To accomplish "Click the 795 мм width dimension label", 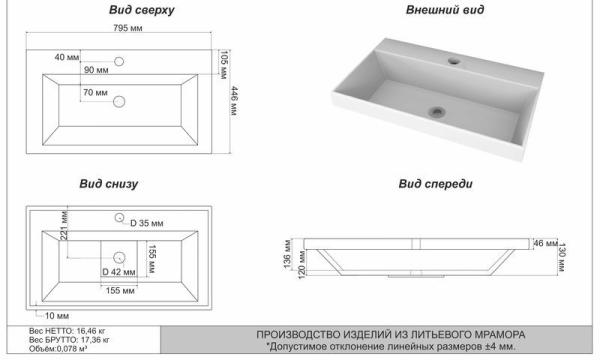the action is pos(128,28).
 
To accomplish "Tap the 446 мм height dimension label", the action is pos(234,101).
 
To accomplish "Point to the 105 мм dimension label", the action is pos(224,64).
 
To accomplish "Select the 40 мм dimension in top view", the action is pos(67,57).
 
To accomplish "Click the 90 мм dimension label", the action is pos(96,70).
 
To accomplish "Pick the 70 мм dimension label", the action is pos(95,93).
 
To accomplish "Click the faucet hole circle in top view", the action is pos(119,61).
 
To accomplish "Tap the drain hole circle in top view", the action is pos(119,101).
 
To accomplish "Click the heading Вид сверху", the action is pos(142,10).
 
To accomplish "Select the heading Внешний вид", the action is pos(445,10).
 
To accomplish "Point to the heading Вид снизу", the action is pos(109,184).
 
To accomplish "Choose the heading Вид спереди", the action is pos(435,184).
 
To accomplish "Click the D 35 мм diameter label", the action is pos(147,223).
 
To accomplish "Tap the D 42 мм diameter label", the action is pos(119,272).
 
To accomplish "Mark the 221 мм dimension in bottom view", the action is pos(64,225).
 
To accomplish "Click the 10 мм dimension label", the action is pos(57,316).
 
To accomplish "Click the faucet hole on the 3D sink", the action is pos(454,60).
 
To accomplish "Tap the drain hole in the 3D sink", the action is pos(436,112).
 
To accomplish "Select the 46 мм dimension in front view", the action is pos(545,243).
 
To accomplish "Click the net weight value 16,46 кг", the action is pos(91,331).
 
